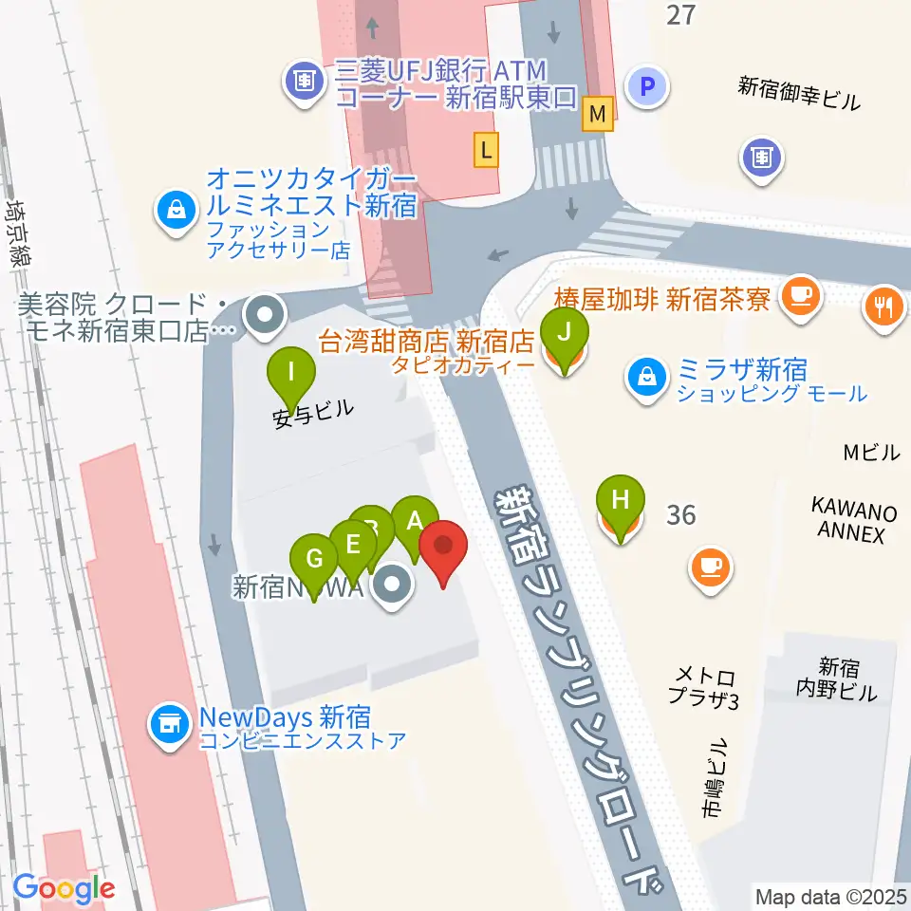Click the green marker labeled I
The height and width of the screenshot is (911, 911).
(x=289, y=372)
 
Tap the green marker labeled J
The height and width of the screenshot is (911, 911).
(x=564, y=333)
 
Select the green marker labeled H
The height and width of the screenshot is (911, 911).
(x=621, y=500)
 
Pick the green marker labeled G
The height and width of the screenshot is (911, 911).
(x=313, y=560)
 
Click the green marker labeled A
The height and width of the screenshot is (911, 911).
(x=414, y=521)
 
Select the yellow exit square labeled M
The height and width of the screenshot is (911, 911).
(x=598, y=112)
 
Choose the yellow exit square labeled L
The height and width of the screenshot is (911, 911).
(x=487, y=148)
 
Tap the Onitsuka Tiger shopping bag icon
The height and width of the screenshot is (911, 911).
(x=177, y=207)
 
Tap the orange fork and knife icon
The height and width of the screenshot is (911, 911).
(x=884, y=306)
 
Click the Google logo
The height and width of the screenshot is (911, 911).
(x=65, y=888)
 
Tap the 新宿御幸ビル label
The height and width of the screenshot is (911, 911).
(x=800, y=94)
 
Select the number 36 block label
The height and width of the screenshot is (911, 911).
(x=680, y=515)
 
